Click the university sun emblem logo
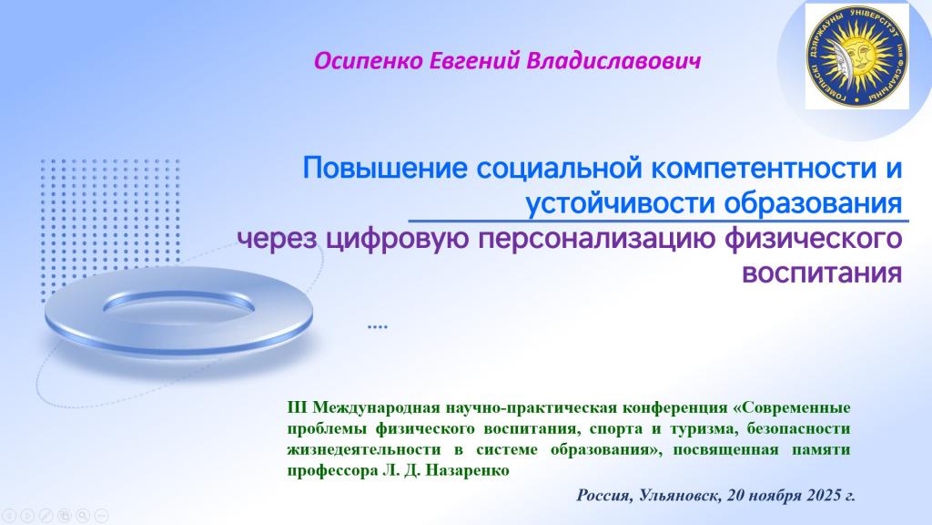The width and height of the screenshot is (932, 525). pos(857,56)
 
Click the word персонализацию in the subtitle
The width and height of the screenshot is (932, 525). pos(597,240)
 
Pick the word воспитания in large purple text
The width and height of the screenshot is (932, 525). pos(822,273)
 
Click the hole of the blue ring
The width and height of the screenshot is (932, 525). pos(178,304)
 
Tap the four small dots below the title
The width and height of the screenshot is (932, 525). pos(378,327)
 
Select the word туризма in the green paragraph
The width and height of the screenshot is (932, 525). pos(702,428)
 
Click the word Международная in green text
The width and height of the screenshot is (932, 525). pos(376,408)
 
